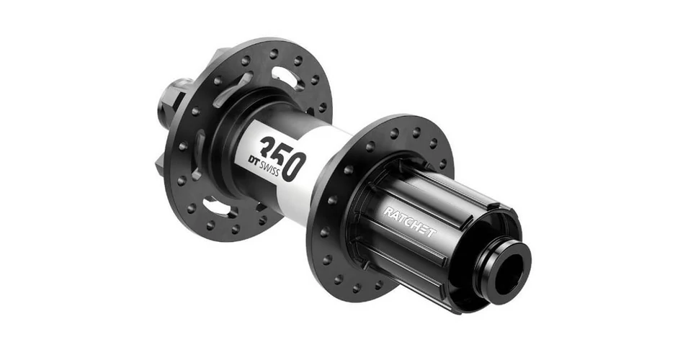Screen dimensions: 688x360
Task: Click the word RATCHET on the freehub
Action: [x=410, y=222]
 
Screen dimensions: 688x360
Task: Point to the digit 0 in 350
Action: [x=293, y=166]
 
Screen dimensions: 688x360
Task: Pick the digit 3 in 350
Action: [x=269, y=145]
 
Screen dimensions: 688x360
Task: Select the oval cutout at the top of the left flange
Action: [x=287, y=79]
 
